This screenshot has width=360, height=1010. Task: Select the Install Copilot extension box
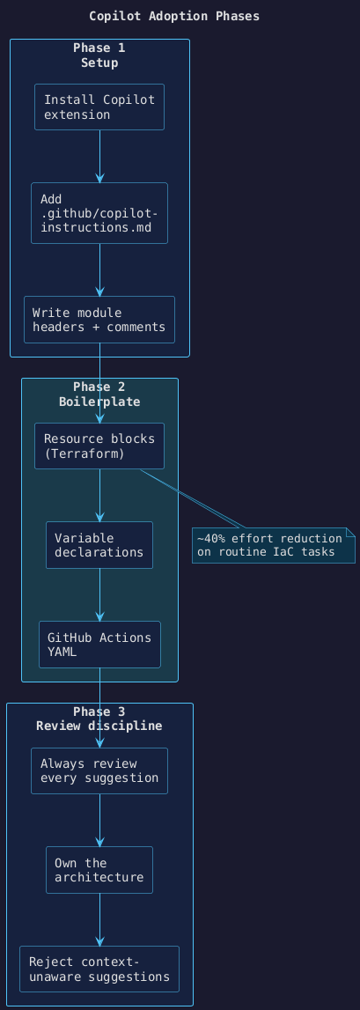tap(99, 107)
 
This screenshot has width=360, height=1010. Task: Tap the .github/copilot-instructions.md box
tap(99, 213)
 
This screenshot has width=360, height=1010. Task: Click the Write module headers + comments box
tap(99, 320)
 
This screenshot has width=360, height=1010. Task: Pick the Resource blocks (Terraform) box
tap(99, 446)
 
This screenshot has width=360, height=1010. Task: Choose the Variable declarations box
tap(99, 545)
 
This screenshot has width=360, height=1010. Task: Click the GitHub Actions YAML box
tap(99, 645)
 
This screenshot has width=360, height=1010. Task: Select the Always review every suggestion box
tap(99, 770)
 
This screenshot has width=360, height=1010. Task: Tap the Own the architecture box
tap(99, 870)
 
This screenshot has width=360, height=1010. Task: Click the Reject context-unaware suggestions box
tap(99, 969)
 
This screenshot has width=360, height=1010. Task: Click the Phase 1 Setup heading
tap(99, 55)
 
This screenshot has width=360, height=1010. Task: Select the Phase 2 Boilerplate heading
tap(99, 394)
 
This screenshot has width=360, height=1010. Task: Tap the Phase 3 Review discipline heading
tap(99, 719)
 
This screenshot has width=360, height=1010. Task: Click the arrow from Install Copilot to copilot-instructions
tap(99, 156)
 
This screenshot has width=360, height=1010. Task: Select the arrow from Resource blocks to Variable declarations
tap(99, 496)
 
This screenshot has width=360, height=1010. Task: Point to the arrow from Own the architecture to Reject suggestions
tap(99, 919)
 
